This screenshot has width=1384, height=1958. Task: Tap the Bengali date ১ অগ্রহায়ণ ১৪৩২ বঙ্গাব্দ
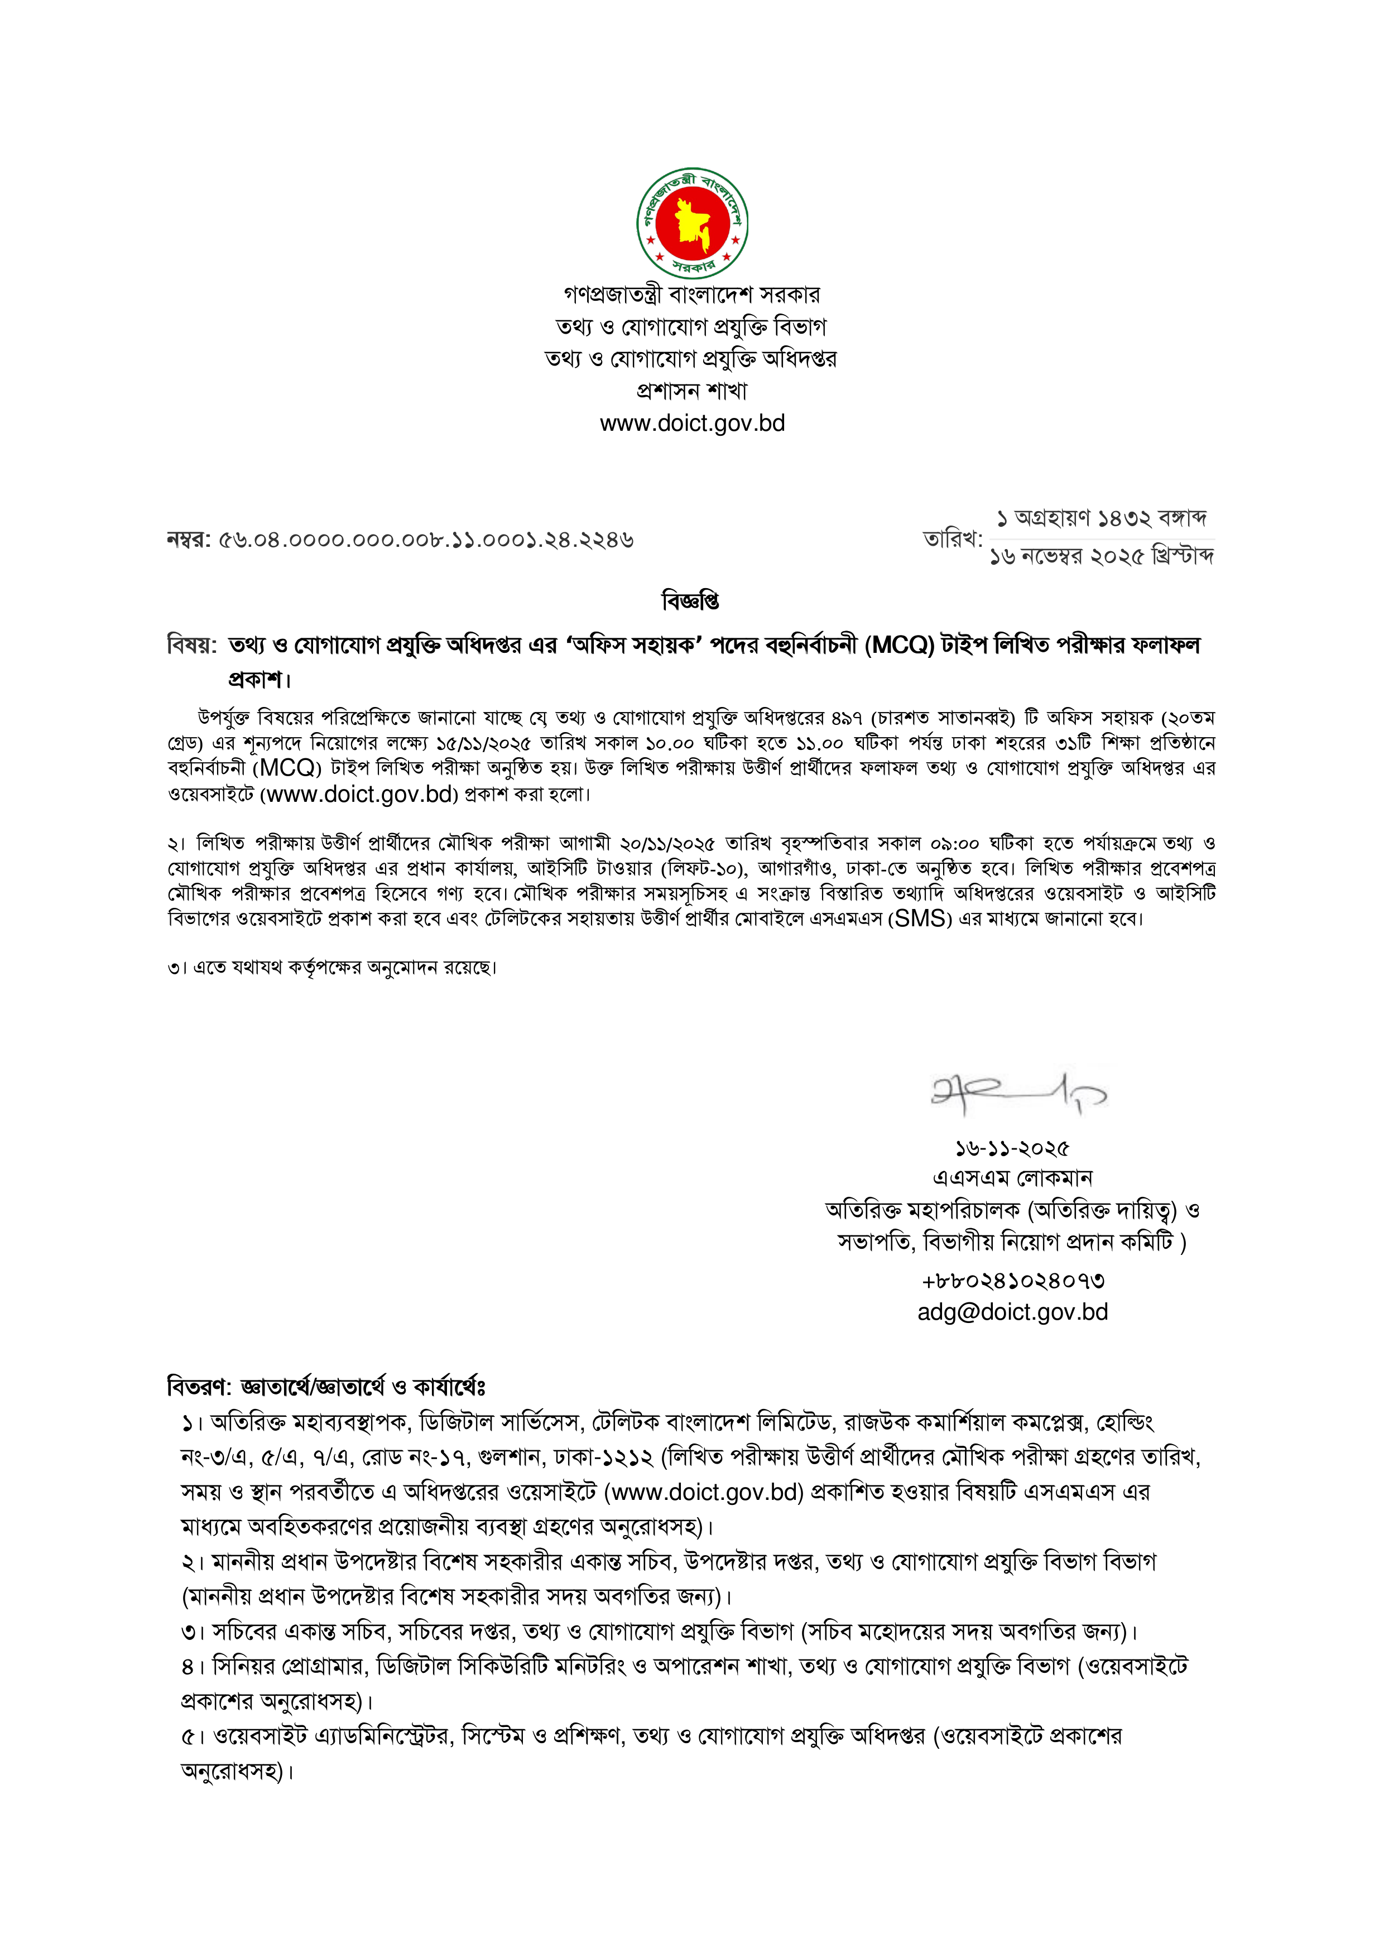coord(1101,518)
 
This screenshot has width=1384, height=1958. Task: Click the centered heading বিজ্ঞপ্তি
coord(691,601)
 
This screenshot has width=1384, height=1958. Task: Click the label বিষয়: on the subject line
coord(192,646)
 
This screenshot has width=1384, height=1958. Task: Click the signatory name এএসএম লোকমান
coord(1012,1178)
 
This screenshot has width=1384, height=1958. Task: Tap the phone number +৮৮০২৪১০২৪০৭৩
coord(1012,1281)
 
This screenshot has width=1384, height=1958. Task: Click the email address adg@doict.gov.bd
coord(1012,1312)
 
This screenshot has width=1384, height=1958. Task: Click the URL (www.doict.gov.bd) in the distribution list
coord(704,1492)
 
